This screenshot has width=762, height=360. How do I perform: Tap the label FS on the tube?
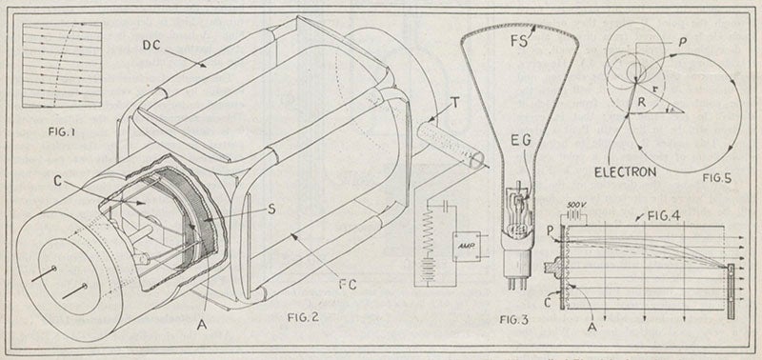tap(544, 41)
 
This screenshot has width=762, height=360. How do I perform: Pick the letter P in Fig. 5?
tap(686, 44)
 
